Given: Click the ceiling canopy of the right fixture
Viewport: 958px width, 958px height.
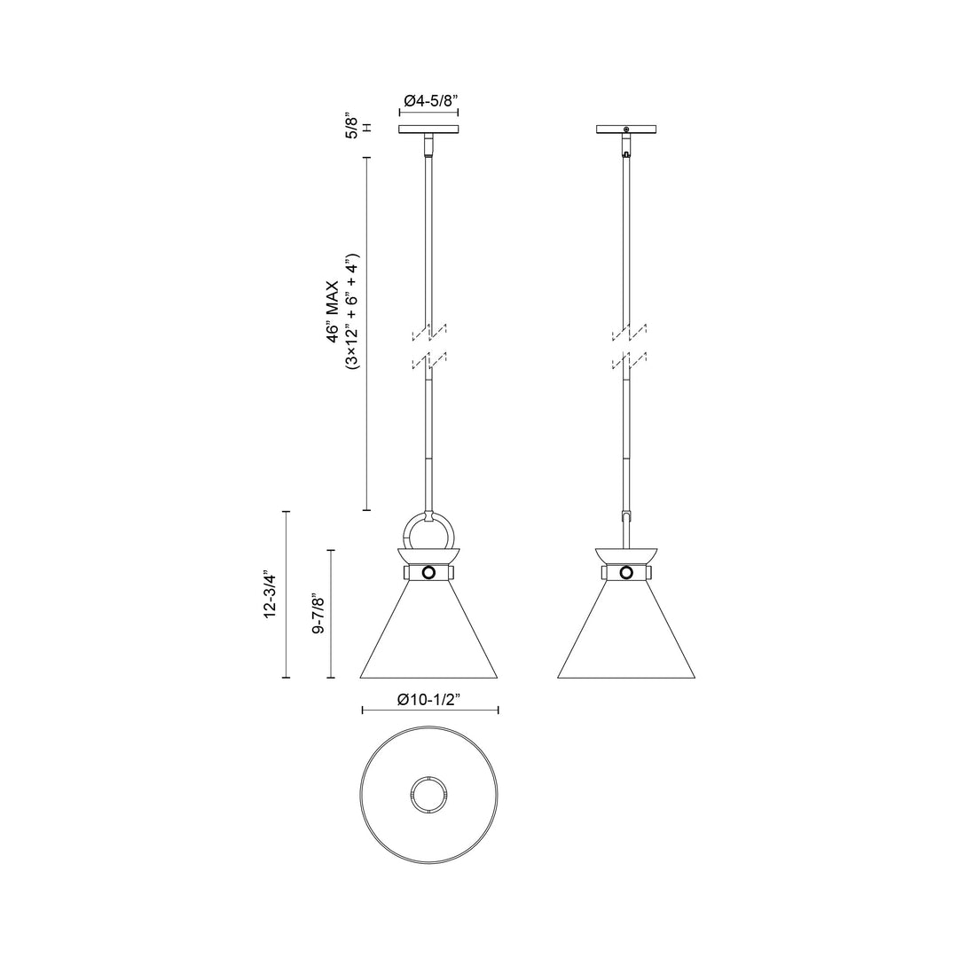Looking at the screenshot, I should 627,130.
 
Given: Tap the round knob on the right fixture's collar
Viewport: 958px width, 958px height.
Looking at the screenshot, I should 627,573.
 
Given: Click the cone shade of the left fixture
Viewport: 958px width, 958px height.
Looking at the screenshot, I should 430,634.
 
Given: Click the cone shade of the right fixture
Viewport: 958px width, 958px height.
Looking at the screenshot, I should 627,634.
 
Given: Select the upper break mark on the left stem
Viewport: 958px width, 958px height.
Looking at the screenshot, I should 429,334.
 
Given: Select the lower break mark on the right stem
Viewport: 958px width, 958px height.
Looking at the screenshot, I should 628,361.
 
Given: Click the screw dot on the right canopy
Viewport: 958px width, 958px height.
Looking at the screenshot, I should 627,130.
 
